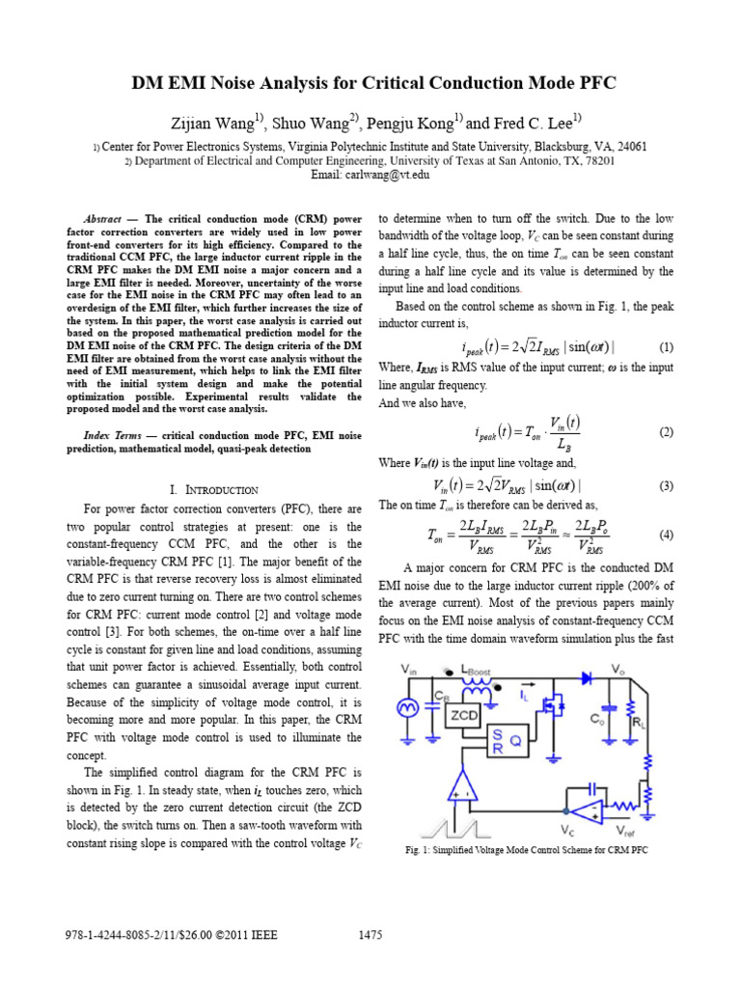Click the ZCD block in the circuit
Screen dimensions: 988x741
click(465, 715)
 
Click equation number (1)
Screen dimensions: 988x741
click(666, 346)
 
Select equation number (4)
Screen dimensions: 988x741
click(666, 534)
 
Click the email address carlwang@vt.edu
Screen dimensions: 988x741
click(370, 175)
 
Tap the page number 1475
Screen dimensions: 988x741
click(370, 934)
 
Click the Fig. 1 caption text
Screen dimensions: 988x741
click(526, 850)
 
